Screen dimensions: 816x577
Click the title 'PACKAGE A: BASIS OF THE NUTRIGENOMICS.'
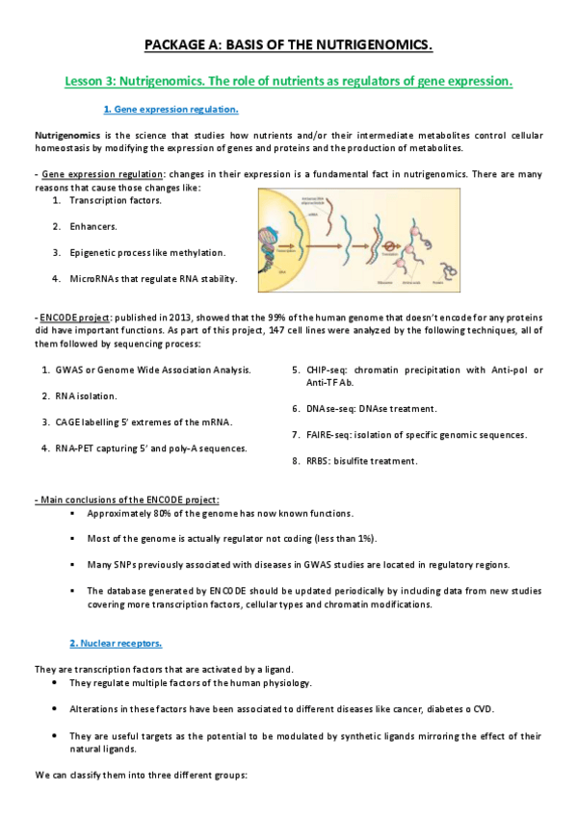288,45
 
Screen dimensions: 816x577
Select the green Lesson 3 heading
288,82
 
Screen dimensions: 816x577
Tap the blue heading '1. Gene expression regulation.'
170,111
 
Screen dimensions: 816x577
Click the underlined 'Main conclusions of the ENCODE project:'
127,500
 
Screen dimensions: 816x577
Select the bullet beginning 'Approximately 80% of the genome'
220,514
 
